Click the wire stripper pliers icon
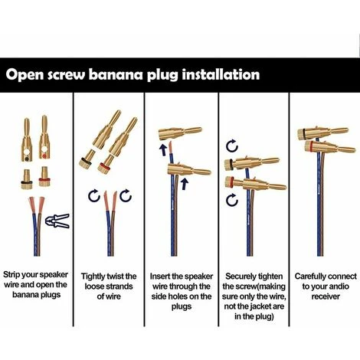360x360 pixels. click(x=57, y=221)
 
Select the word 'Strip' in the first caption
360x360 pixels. click(x=11, y=275)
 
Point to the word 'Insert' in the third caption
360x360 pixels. click(x=160, y=277)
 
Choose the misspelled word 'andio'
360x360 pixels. click(x=338, y=286)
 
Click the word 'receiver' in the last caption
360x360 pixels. click(x=326, y=296)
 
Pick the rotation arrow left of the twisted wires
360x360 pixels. click(x=94, y=196)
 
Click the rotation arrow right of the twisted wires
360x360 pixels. click(x=126, y=196)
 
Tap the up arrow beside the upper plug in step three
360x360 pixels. click(x=162, y=150)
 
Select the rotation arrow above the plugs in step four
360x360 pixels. click(x=232, y=146)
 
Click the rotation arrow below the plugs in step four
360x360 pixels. click(x=232, y=200)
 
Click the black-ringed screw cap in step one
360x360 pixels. click(x=27, y=179)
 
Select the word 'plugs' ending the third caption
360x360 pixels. click(x=182, y=306)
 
